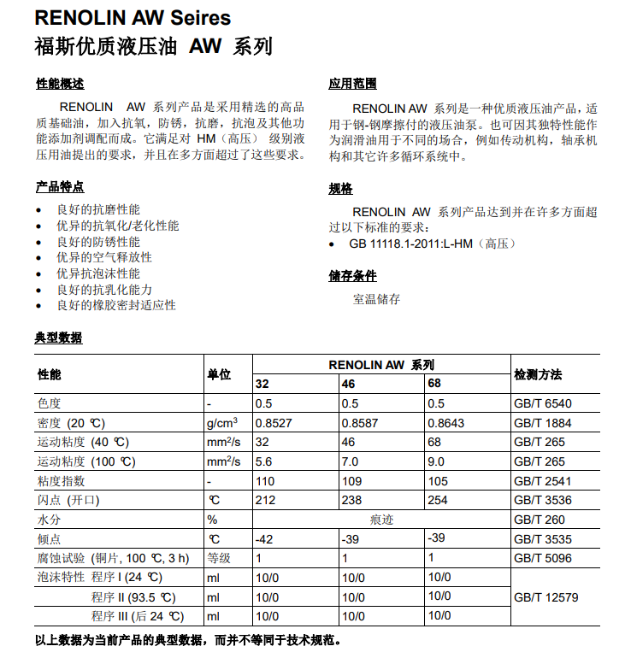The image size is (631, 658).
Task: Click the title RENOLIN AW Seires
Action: [x=133, y=17]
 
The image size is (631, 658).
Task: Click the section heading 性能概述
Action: [x=59, y=84]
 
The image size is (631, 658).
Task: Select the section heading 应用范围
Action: [x=352, y=84]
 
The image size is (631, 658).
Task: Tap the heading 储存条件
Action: [x=352, y=276]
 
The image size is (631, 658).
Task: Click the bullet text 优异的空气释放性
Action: [x=104, y=257]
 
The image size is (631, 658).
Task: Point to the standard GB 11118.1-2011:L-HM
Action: [x=411, y=244]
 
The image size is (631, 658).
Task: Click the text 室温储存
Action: [x=376, y=300]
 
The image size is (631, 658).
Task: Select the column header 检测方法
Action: [x=538, y=374]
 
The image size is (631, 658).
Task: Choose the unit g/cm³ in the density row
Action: [x=221, y=422]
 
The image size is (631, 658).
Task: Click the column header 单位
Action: [x=219, y=374]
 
